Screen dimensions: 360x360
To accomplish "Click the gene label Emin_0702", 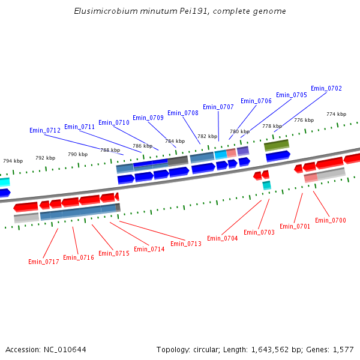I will coord(326,88).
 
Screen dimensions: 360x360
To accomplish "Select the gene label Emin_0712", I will coord(45,130).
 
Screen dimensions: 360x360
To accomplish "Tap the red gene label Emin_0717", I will coord(44,262).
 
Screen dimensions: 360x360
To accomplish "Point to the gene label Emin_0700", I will coord(331,220).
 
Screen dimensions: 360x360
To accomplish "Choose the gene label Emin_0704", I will coord(223,238).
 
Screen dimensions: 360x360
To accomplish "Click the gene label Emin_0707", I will coord(218,107).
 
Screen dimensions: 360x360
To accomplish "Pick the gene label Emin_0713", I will coord(186,244).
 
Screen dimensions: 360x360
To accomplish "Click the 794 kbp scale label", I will coord(13,161).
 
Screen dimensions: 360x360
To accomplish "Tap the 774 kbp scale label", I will coord(336,114).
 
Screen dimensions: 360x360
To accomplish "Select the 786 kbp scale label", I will coord(142,146).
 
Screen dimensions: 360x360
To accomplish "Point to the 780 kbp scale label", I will coord(239,131).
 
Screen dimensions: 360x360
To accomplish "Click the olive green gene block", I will coord(277,145).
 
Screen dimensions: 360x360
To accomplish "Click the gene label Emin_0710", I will coord(114,122).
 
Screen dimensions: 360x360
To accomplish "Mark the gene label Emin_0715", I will coord(114,253).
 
